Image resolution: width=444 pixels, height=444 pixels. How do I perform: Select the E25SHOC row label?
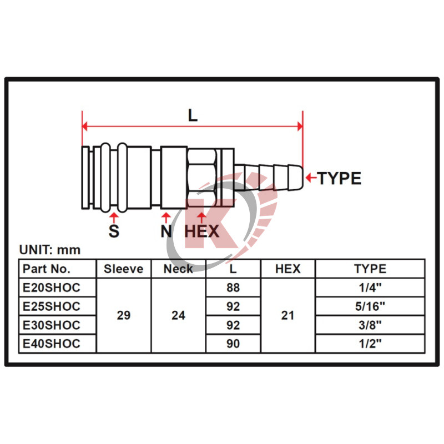(x=51, y=306)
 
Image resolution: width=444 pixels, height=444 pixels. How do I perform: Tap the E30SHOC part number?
(x=51, y=325)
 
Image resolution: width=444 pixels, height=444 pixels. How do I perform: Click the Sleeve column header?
(x=123, y=269)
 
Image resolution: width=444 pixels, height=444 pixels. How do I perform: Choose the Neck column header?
(x=178, y=269)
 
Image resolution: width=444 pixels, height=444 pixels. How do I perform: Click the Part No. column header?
(x=47, y=269)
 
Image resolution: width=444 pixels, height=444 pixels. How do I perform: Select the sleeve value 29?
(x=123, y=315)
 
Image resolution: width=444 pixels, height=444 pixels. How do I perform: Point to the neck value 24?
(x=178, y=315)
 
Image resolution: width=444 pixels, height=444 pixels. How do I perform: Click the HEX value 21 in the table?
(x=287, y=315)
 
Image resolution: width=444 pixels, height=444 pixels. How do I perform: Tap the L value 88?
(x=233, y=287)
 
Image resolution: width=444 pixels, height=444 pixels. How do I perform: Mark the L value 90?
(x=233, y=344)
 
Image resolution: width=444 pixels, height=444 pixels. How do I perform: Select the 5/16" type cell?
(x=370, y=306)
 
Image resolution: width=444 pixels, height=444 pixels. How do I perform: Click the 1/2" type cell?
(x=370, y=344)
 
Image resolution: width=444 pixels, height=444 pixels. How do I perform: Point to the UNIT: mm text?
(x=50, y=250)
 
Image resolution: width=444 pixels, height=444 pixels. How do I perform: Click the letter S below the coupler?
(x=114, y=231)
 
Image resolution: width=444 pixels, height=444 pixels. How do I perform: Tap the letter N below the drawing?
(x=166, y=231)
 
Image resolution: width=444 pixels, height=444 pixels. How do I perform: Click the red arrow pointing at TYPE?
(x=311, y=178)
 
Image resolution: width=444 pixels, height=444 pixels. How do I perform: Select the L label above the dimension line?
(x=193, y=115)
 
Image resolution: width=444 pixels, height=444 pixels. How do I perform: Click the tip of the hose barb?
(x=303, y=178)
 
